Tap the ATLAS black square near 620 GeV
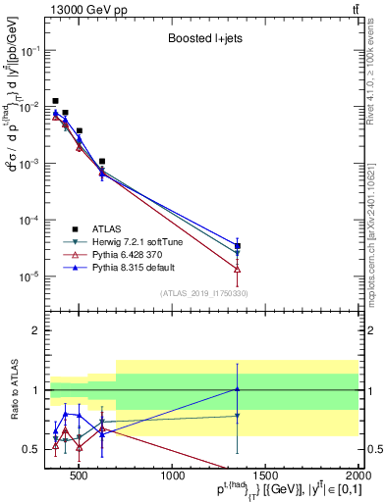102,161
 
